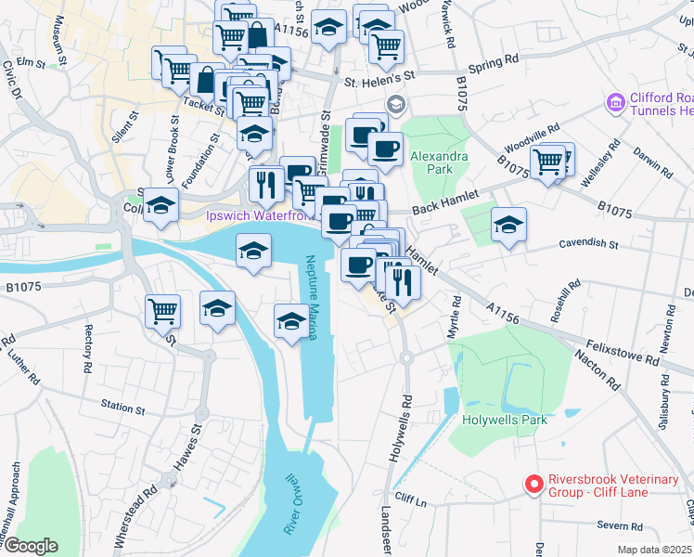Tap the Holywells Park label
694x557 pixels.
(x=505, y=420)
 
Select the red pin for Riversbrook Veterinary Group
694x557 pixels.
(x=533, y=485)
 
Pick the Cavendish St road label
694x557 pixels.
(x=589, y=244)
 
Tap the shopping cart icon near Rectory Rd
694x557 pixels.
(x=162, y=311)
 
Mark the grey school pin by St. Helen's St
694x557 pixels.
(x=396, y=102)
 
